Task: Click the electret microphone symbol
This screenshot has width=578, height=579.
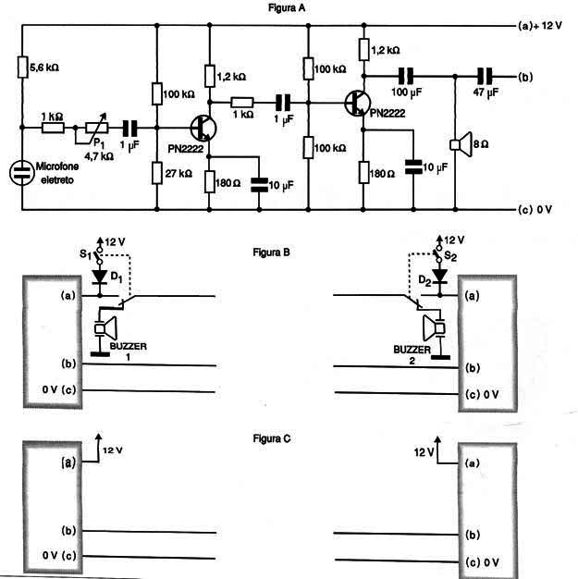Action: coord(22,172)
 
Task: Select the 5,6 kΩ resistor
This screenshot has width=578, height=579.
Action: coord(22,67)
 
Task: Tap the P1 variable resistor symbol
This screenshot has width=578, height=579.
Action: coord(97,128)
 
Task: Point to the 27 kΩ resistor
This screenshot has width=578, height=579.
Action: coord(157,173)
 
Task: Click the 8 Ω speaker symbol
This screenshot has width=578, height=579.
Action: coord(461,144)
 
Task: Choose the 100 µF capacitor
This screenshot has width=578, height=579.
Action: coord(406,77)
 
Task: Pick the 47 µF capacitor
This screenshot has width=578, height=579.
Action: coord(485,77)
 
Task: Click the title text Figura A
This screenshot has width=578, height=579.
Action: coord(287,7)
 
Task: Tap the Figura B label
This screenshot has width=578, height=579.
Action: coord(272,253)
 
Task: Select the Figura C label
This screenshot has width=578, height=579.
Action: coord(272,438)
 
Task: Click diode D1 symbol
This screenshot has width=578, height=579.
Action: coord(99,277)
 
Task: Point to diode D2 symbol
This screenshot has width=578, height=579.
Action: coord(439,276)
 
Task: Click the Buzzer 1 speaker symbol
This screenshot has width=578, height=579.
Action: coord(105,328)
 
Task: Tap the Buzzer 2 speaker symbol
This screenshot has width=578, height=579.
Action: coord(434,328)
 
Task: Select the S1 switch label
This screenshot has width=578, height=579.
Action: coord(85,254)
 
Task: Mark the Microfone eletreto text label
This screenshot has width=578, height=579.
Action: coord(57,173)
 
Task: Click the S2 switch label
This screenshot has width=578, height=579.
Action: coord(450,255)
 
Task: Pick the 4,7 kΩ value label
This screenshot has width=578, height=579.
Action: coord(99,156)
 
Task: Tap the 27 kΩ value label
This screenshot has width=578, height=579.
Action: coord(178,173)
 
